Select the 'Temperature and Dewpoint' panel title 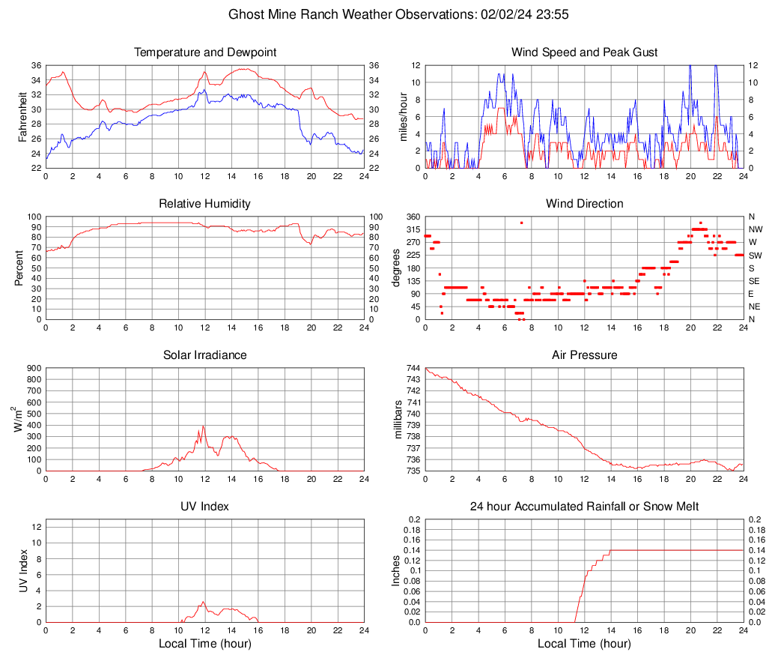(204, 52)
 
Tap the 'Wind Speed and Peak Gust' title (584, 52)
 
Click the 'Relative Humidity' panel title (204, 204)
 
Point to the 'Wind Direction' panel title (584, 204)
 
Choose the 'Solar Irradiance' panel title (204, 355)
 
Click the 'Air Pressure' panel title (584, 355)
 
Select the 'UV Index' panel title (204, 507)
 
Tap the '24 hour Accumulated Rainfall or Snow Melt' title (584, 507)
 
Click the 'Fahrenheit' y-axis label (23, 116)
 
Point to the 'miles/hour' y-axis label (403, 116)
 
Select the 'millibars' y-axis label (399, 420)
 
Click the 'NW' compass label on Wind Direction (756, 229)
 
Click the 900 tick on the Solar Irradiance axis (32, 368)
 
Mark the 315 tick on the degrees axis (412, 229)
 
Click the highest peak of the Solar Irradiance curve (203, 426)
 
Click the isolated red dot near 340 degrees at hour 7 (521, 223)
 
